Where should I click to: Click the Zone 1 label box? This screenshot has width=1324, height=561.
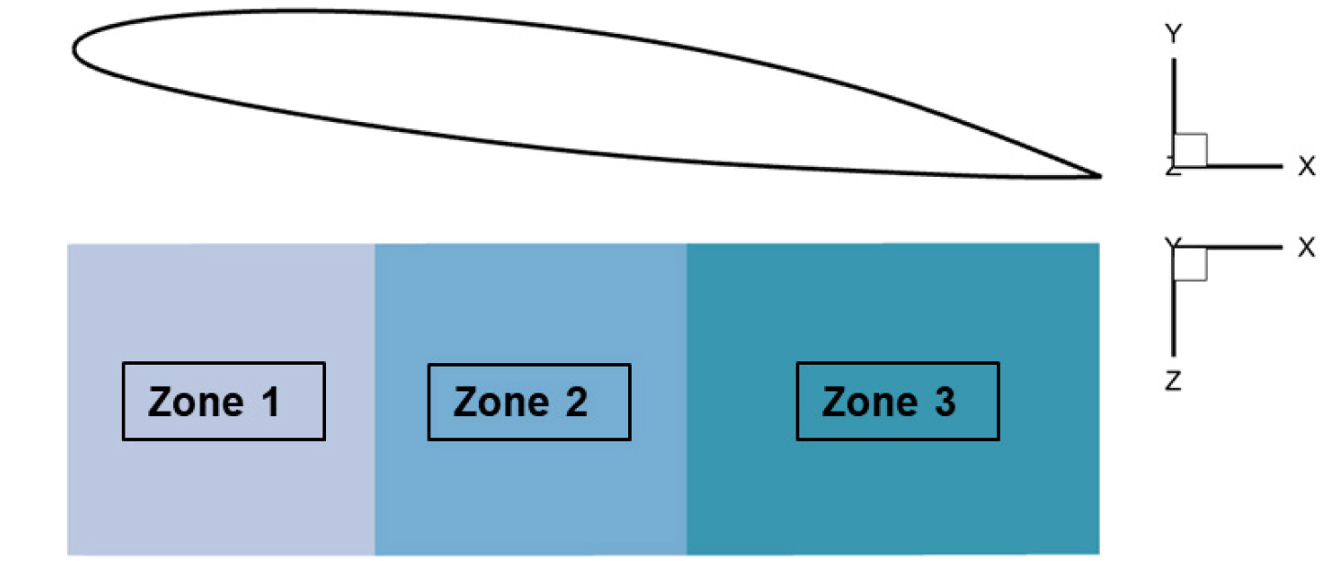(223, 401)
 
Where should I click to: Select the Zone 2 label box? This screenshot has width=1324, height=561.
(528, 401)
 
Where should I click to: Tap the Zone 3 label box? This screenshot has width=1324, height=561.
(897, 401)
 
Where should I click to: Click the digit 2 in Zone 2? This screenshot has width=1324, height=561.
(575, 402)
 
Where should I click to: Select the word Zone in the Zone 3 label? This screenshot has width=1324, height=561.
(869, 402)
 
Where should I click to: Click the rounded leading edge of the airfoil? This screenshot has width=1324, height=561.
(76, 48)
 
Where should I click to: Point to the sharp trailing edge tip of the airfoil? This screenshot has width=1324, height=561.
(1097, 174)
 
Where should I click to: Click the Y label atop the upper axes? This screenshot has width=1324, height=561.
(1172, 35)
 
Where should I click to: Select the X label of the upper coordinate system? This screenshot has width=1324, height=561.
(1306, 167)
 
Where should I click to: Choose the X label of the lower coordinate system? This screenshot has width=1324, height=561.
(1306, 248)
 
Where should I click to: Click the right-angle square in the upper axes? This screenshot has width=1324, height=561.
(1190, 149)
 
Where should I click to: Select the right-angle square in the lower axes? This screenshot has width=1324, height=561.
(1190, 264)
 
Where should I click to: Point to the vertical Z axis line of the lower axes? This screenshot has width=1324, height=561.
(1174, 312)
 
